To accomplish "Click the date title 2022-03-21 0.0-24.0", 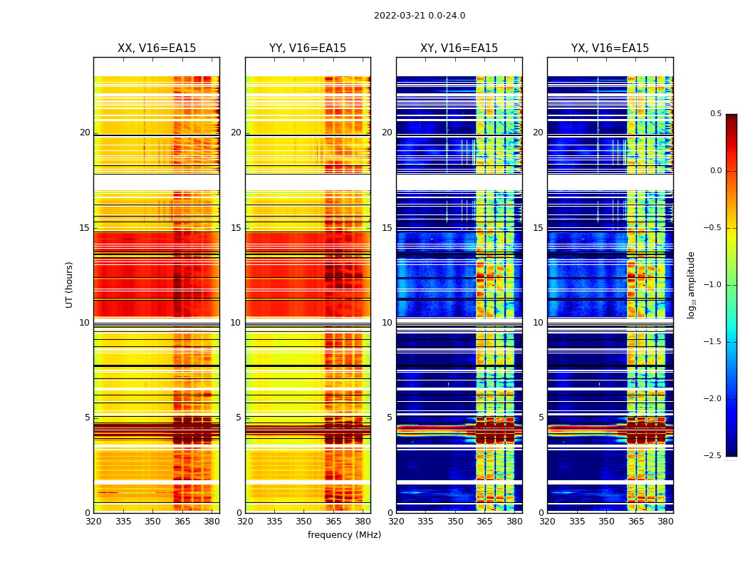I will pos(420,16).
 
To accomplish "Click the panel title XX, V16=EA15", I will pos(157,48).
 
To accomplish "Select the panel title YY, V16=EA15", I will pos(308,48).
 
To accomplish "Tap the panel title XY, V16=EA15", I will pos(459,48).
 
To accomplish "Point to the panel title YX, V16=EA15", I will pos(611,48).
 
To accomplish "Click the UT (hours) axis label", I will pos(70,284).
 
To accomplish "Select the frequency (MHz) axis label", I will pos(344,535).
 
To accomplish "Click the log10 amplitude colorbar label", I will pos(691,284).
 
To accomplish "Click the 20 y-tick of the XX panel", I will pos(85,133).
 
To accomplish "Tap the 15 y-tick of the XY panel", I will pos(387,228).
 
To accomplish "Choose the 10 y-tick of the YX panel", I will pos(538,323).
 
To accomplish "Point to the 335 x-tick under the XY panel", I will pos(426,521).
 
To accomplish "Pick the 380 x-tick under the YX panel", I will pos(665,521).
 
